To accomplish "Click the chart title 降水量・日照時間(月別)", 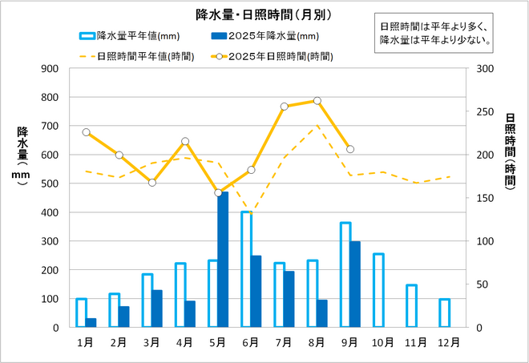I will click(264, 14).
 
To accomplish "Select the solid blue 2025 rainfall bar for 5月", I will click(223, 260).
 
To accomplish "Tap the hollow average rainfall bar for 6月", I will click(246, 269).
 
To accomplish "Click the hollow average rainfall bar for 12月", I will click(445, 313).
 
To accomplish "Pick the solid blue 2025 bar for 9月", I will click(355, 284).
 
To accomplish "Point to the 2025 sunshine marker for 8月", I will click(317, 101).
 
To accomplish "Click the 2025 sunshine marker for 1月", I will click(86, 132).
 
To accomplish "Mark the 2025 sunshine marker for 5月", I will click(218, 192).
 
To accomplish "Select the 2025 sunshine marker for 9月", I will click(350, 149).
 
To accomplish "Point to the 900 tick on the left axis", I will click(50, 68).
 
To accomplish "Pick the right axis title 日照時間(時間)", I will click(511, 156).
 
